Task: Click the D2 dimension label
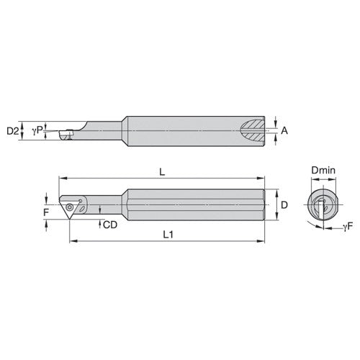coord(12,131)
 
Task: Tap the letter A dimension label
coord(284,130)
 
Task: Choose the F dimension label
coord(46,212)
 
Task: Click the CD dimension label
coord(109,225)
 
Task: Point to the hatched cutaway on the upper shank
coord(253,131)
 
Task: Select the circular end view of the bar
coord(321,206)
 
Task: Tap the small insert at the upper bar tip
coord(63,134)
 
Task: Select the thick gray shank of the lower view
coord(194,204)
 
